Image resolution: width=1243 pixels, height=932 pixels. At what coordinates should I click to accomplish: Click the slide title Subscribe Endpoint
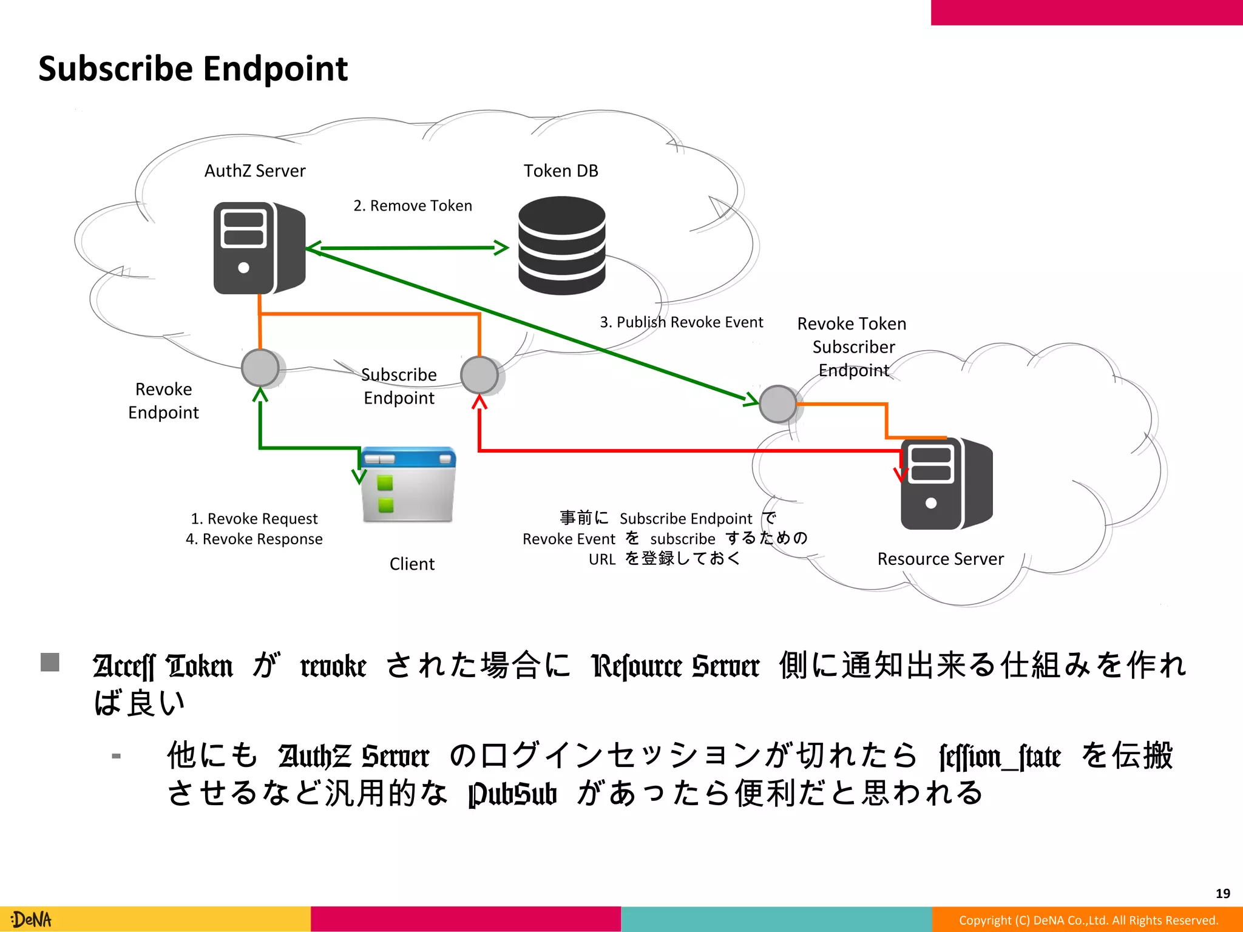(192, 69)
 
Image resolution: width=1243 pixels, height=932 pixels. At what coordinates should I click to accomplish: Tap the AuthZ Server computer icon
(259, 248)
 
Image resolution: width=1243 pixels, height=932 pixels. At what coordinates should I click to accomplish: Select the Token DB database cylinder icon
(561, 245)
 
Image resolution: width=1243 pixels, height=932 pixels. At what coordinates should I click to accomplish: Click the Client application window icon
(408, 485)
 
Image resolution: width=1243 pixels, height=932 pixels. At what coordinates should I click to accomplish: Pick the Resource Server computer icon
(946, 484)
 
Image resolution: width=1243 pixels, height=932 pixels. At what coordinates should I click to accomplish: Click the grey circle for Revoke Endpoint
(260, 368)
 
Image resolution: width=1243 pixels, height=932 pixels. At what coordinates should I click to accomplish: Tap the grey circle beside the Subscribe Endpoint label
(479, 375)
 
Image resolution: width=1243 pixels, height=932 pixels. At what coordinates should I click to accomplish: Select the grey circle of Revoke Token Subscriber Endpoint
(778, 404)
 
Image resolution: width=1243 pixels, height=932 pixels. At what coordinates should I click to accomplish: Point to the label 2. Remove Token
(413, 206)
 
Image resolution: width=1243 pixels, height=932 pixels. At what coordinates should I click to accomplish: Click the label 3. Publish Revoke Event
(681, 322)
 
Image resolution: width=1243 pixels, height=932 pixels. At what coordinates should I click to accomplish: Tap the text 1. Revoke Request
(254, 519)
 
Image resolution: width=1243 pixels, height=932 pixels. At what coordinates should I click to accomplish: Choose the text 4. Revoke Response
(254, 539)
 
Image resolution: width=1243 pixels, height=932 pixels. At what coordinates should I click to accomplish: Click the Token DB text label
(561, 171)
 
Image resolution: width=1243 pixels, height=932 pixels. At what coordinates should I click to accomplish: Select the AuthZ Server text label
(255, 171)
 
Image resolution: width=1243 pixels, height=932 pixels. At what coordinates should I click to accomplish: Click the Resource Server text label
(940, 559)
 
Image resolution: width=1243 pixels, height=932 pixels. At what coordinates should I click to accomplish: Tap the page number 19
(1222, 893)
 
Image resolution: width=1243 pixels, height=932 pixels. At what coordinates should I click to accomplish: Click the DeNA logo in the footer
(32, 919)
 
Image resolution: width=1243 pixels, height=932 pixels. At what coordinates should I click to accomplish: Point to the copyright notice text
(1088, 920)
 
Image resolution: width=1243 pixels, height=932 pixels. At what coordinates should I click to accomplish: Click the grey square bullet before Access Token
(50, 662)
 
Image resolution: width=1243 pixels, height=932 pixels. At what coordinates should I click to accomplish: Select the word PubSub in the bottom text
(512, 794)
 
